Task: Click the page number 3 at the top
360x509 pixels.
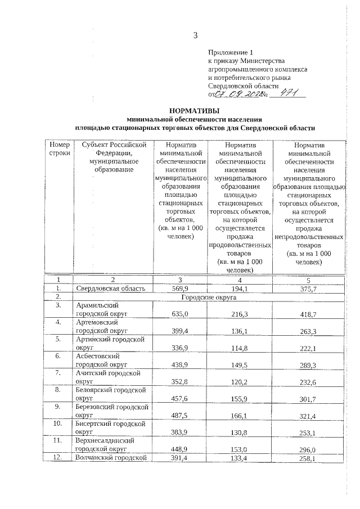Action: pos(196,35)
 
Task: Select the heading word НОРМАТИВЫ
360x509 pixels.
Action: pos(195,111)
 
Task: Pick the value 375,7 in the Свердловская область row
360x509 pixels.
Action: pos(308,289)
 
